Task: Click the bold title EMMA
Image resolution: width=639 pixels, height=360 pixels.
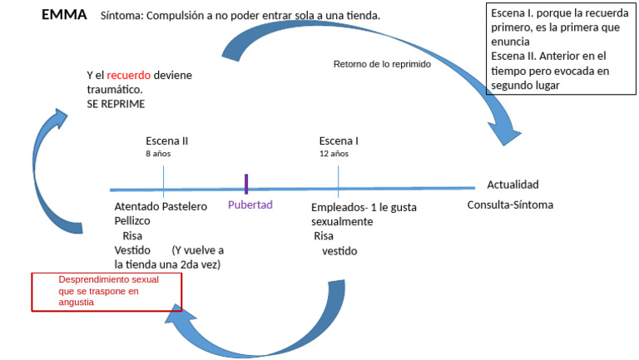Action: click(64, 15)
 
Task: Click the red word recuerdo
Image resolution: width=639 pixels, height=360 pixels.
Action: click(129, 76)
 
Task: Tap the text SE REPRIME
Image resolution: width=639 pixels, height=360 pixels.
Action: click(116, 104)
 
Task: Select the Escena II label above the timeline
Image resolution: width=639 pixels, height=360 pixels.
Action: click(167, 141)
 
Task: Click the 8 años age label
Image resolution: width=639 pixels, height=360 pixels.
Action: click(158, 154)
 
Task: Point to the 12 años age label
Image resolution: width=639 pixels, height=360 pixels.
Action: click(334, 154)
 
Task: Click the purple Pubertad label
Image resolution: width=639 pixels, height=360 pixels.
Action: click(250, 205)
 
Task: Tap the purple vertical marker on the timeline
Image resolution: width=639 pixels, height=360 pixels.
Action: click(246, 184)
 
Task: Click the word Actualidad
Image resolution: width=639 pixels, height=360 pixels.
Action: click(513, 185)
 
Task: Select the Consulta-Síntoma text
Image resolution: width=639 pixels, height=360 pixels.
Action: click(510, 205)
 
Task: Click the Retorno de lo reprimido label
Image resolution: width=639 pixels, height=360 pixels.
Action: click(382, 64)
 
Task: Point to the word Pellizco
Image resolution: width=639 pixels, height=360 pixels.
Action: click(132, 220)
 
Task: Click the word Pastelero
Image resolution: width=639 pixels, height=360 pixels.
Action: click(185, 206)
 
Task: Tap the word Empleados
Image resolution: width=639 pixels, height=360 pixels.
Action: click(337, 208)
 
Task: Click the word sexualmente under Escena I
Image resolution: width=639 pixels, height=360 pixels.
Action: click(342, 221)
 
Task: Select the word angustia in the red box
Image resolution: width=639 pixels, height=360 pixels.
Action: click(77, 302)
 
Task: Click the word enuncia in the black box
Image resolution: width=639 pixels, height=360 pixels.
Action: click(510, 42)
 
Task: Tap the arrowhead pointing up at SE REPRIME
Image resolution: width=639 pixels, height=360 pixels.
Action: click(61, 117)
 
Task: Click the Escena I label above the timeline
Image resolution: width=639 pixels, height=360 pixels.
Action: click(339, 141)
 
